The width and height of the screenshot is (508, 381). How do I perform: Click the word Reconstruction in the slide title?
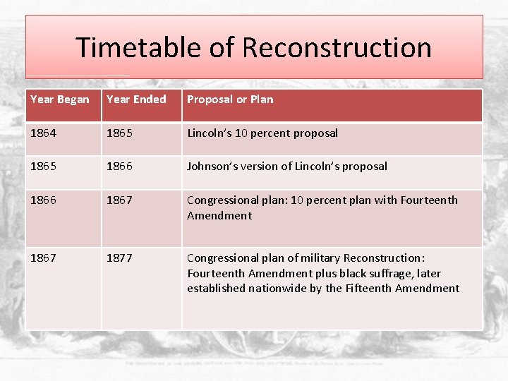coord(337,47)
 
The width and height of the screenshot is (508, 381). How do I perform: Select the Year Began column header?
coord(60,99)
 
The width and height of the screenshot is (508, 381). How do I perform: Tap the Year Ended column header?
coord(136,99)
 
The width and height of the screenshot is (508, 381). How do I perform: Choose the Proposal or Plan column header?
coord(230,99)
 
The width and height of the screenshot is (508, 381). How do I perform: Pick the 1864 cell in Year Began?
coord(43,133)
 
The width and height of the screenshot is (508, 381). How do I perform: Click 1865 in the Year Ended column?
coord(119,133)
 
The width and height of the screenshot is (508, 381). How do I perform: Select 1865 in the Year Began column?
coord(43,167)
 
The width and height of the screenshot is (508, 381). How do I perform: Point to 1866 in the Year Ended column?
coord(119,167)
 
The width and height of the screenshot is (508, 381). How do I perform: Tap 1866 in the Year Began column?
coord(43,200)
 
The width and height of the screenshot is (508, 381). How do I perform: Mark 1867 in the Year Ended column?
coord(119,200)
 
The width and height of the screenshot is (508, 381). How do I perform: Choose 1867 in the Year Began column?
coord(43,258)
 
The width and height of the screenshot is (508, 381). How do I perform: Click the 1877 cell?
coord(119,258)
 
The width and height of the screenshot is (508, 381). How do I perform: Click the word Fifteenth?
coord(368,288)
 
